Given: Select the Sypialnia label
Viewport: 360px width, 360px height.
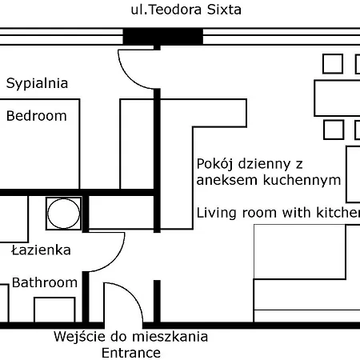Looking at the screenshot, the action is pos(37,84).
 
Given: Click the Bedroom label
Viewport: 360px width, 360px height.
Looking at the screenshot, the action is pos(37,116).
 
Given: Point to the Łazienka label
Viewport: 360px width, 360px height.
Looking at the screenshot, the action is pos(42,250).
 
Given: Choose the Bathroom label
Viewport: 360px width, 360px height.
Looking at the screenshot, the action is pos(45,282).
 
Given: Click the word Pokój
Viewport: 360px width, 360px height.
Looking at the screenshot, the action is pos(215,164).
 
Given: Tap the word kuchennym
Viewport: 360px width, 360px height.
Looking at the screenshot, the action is pos(302,180).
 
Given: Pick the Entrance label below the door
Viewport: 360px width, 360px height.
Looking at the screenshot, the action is pos(131,353).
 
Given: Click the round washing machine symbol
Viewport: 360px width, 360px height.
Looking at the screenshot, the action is pos(63,214).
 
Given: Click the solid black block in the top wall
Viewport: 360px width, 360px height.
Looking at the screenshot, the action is pos(163,36).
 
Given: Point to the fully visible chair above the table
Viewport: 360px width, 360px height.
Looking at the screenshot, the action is pos(333,64).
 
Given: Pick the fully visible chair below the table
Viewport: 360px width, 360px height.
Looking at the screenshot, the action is pos(334,130).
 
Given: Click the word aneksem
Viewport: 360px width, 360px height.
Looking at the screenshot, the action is pos(227,180).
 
